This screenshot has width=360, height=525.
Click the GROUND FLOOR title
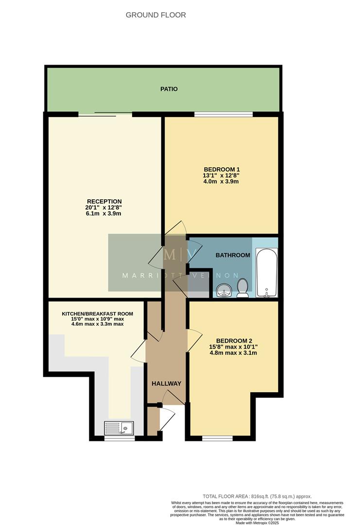(155, 15)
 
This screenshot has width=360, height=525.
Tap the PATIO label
(169, 89)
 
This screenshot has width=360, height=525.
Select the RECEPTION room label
(104, 201)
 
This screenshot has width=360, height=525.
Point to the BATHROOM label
(233, 255)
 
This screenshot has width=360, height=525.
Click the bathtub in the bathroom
(267, 272)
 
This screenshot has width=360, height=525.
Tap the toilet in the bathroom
(242, 288)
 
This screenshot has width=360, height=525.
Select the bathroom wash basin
(224, 290)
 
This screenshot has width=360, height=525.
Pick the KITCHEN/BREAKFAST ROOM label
(97, 314)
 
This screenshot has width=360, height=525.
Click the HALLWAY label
(166, 384)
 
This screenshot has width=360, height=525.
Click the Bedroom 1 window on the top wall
(223, 115)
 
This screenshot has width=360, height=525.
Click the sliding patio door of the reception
(105, 115)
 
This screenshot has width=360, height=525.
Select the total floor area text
(257, 496)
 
